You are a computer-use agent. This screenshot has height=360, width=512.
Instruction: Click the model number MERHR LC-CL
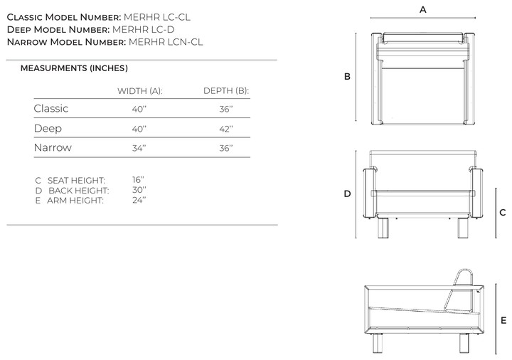coord(156,17)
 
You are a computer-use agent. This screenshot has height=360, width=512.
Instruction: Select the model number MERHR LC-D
coord(144,29)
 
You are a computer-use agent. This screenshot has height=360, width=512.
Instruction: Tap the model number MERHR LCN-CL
coord(166,42)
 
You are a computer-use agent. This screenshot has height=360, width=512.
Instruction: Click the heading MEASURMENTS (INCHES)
coord(74,68)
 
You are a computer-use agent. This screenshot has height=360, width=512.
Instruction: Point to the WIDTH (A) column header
coord(140,91)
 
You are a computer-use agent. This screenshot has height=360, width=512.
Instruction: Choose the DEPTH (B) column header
coord(226,91)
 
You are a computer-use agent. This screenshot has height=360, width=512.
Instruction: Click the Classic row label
coord(51,108)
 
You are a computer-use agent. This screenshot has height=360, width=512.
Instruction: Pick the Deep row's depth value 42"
coord(226,129)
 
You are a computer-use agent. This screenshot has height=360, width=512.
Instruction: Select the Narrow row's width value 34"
coord(139,148)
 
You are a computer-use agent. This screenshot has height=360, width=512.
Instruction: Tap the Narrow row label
coord(53,148)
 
